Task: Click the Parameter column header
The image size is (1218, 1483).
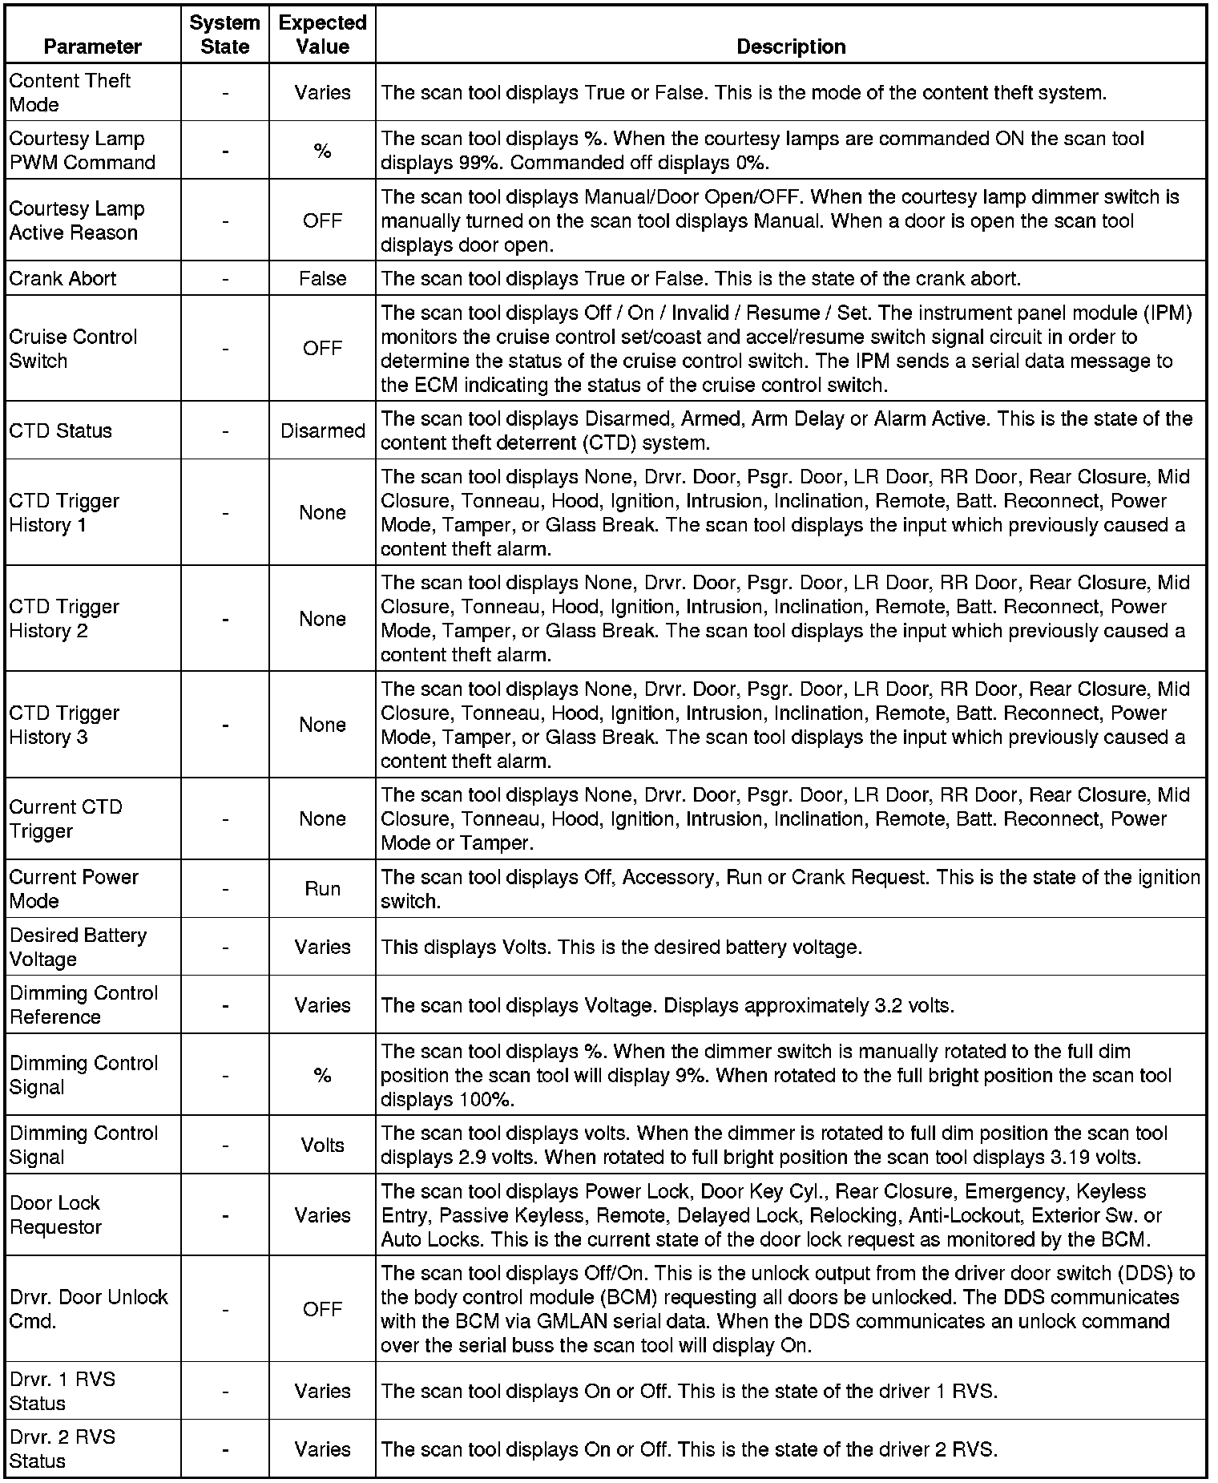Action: click(x=93, y=46)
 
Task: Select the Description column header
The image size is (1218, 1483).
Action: click(x=791, y=46)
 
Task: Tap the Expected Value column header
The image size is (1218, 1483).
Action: click(x=322, y=34)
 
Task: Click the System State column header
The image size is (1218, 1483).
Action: click(x=224, y=34)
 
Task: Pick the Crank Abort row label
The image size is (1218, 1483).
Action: click(x=63, y=278)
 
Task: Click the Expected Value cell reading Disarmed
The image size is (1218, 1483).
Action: click(x=322, y=430)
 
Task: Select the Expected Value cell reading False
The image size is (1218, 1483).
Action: click(x=322, y=278)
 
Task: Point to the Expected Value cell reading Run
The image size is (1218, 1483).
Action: click(x=322, y=888)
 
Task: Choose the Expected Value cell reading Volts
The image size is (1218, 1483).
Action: click(x=322, y=1145)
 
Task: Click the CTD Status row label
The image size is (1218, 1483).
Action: click(x=61, y=430)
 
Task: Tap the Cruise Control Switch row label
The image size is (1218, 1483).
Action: click(x=73, y=349)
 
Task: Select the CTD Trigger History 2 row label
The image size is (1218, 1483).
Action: click(x=64, y=619)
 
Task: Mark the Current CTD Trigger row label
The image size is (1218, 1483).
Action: click(x=66, y=818)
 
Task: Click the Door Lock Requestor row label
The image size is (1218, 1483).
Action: click(x=56, y=1214)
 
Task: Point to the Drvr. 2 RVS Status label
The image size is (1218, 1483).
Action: click(x=63, y=1449)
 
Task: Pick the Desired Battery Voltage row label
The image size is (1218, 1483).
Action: click(x=78, y=947)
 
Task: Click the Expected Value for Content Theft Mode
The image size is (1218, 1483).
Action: click(x=322, y=92)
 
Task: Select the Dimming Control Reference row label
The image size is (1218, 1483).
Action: click(x=83, y=1004)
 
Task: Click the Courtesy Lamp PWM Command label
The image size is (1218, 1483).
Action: click(x=82, y=150)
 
